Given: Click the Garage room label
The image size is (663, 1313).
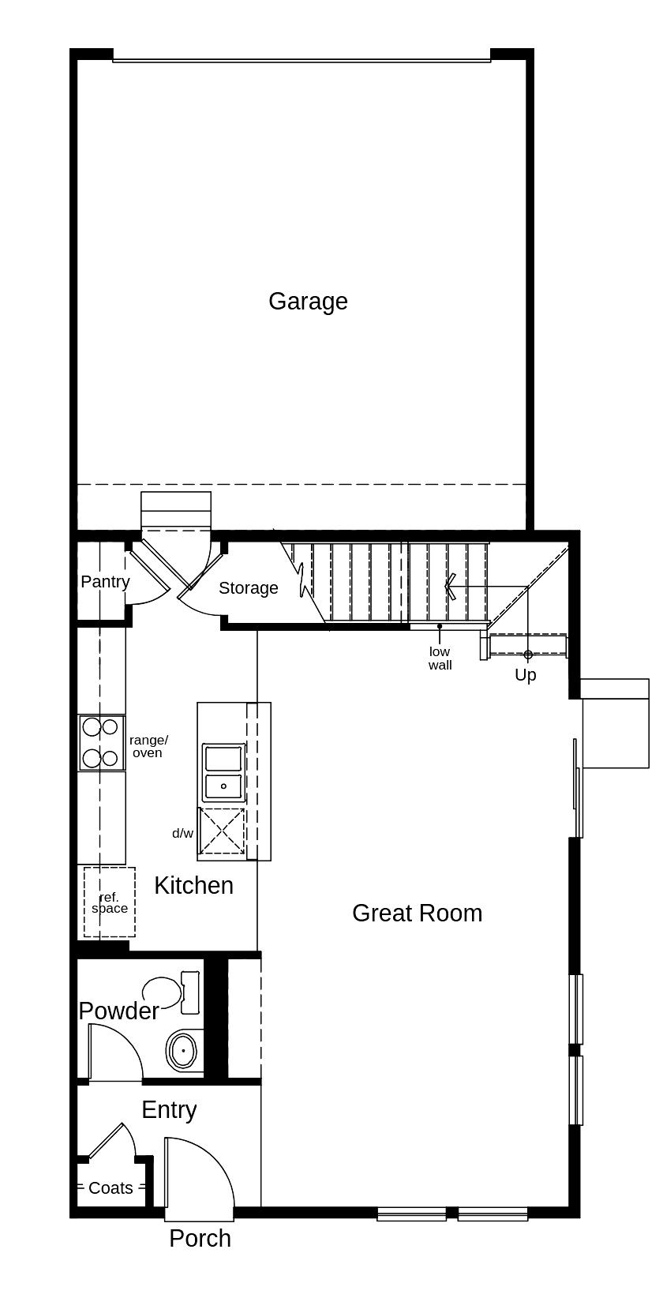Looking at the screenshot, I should (308, 302).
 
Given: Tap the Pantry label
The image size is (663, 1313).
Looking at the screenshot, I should (105, 582).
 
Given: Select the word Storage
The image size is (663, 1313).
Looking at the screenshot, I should (248, 588).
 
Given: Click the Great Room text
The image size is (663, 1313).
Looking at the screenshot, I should (417, 913).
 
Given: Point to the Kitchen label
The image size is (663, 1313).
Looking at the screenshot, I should (193, 886).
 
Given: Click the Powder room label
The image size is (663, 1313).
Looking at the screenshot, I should (118, 1011).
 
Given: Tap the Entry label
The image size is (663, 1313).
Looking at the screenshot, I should (169, 1110).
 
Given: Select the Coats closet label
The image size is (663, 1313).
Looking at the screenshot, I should (110, 1188).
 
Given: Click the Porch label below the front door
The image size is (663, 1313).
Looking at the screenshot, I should (200, 1239).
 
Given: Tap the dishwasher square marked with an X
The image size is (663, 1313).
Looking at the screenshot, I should (221, 831).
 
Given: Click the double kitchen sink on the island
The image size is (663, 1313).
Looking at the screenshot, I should (224, 772).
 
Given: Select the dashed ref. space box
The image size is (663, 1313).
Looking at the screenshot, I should (109, 902).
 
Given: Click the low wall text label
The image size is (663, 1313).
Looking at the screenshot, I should (440, 658).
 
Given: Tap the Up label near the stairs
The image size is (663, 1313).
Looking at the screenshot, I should (525, 675).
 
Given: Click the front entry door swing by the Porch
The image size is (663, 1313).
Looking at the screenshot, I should (197, 1172).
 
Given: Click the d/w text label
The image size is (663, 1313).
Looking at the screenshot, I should (182, 834).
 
